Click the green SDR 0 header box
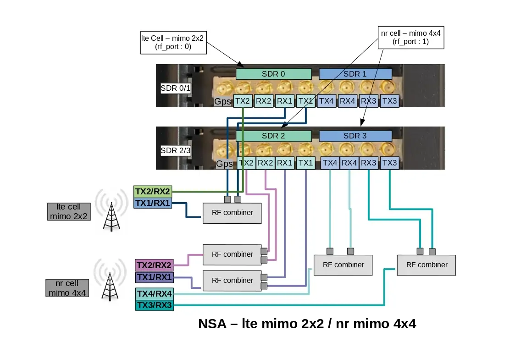point(273,74)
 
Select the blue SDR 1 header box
point(355,74)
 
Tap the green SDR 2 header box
point(273,136)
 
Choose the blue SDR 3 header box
point(355,136)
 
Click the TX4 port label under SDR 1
point(327,101)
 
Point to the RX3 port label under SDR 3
point(368,163)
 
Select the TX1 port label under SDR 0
point(305,101)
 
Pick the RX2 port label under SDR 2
point(266,163)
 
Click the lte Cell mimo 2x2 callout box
point(172,42)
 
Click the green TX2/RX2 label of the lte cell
point(153,192)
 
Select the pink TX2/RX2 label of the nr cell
point(154,265)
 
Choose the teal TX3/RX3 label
point(155,305)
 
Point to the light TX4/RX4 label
point(155,293)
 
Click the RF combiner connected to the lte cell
point(232,213)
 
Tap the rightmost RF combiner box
point(426,265)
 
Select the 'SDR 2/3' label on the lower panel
point(175,150)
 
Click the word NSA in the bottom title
point(212,324)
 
